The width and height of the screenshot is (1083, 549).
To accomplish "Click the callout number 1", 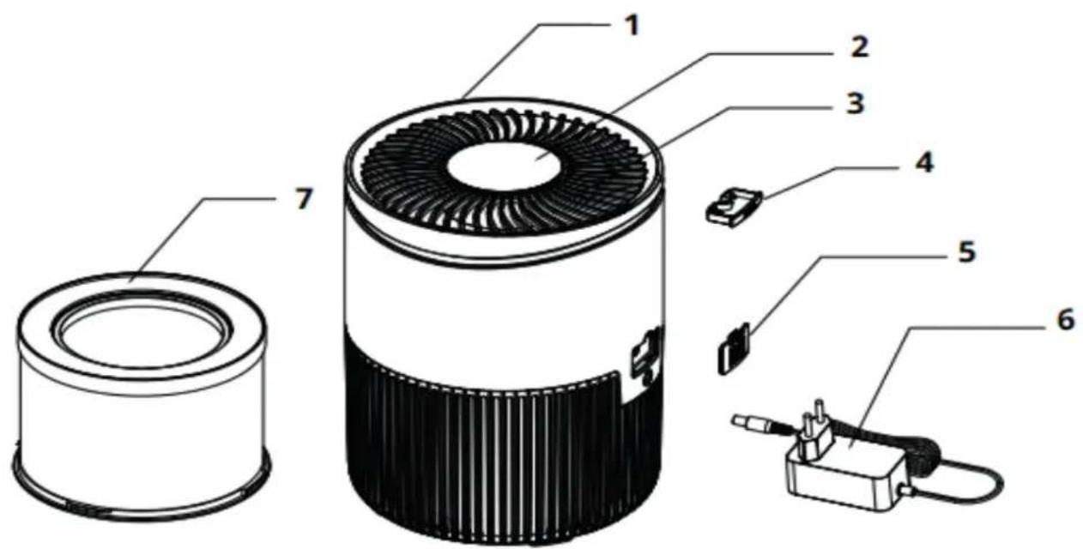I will pos(631,26).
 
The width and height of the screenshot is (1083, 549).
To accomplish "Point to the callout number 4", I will pos(921,162).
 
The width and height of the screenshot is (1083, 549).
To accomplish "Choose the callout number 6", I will pos(1063,319).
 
